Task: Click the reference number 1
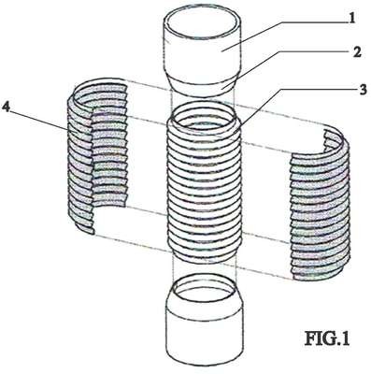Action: [351, 19]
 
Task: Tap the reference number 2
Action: [356, 52]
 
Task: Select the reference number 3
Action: [362, 90]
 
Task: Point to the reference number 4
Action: [7, 108]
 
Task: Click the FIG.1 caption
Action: [327, 338]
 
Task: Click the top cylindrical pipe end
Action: [203, 54]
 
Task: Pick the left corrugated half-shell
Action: [97, 155]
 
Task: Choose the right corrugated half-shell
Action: [320, 205]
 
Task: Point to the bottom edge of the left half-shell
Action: [80, 225]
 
